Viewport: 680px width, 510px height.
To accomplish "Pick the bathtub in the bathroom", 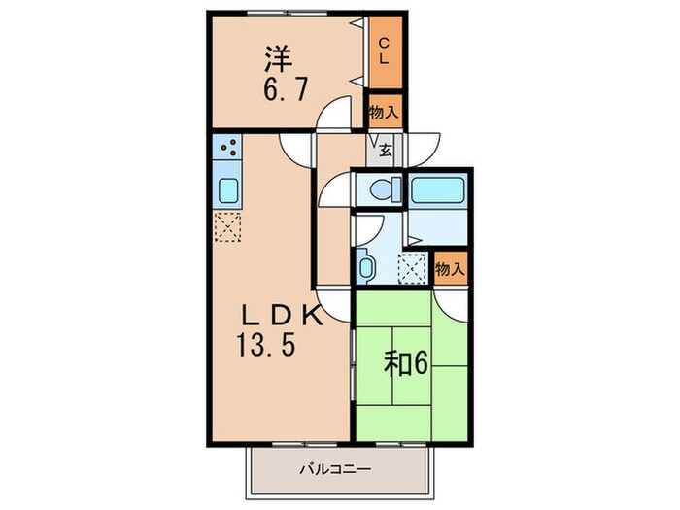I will click(438, 190).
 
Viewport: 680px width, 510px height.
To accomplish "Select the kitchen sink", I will click(229, 190).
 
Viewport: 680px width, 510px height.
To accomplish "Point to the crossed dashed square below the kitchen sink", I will click(229, 227).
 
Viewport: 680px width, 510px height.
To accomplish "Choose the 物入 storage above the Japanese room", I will click(449, 268).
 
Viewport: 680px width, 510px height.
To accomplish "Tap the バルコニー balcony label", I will click(339, 469).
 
